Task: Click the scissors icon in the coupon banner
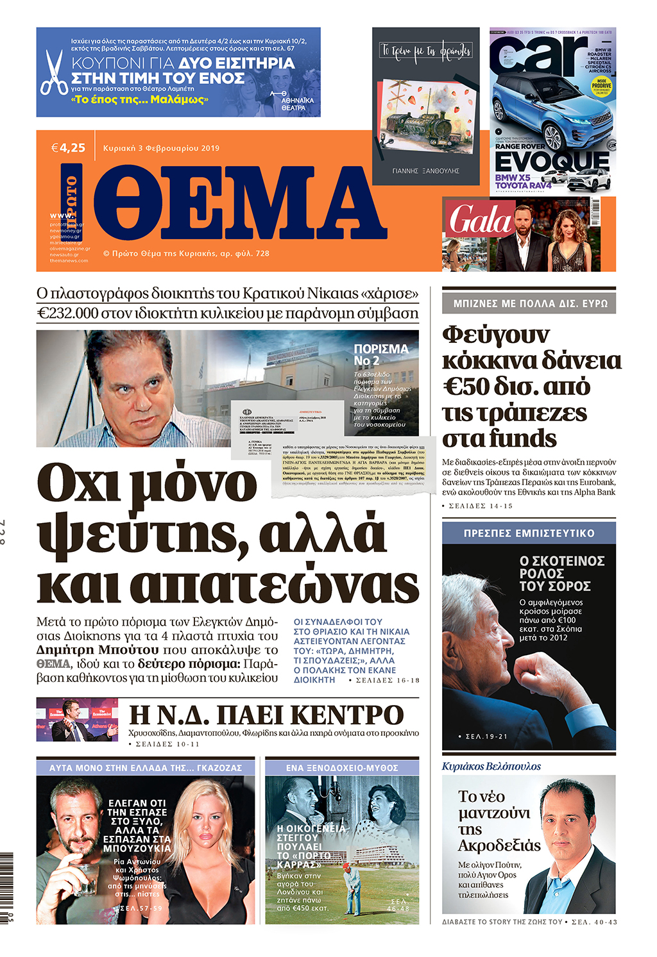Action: click(x=54, y=72)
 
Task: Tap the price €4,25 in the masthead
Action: click(x=68, y=148)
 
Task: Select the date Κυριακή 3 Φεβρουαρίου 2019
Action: click(x=161, y=148)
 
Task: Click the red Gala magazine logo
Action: click(x=480, y=220)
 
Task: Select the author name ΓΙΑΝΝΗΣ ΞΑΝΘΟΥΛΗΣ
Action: click(x=425, y=171)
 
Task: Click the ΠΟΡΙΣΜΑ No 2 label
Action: click(x=380, y=354)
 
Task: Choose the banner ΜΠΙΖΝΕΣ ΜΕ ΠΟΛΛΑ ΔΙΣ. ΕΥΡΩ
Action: click(x=529, y=303)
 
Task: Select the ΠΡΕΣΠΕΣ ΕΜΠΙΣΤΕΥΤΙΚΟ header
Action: click(x=529, y=533)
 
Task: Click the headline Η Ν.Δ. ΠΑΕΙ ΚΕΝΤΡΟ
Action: click(x=266, y=715)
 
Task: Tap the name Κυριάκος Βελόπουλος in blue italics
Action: click(x=491, y=766)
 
